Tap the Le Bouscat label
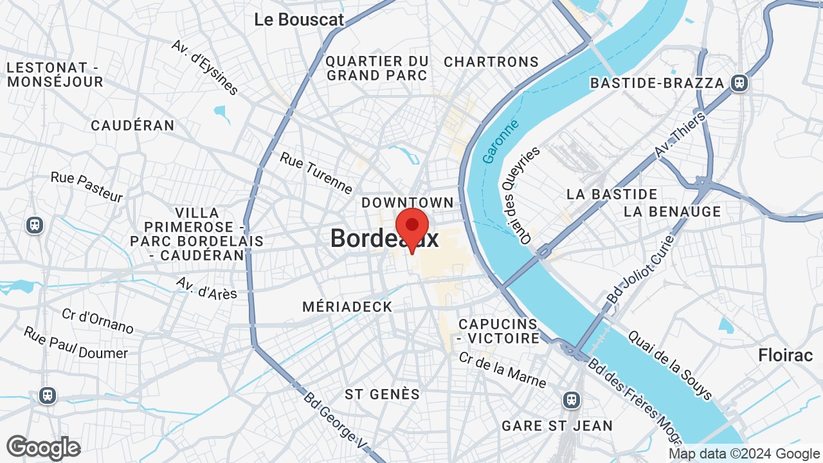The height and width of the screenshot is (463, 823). [x=299, y=19]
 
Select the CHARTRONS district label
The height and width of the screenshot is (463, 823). [x=491, y=62]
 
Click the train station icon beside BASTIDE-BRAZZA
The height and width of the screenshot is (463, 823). [x=739, y=83]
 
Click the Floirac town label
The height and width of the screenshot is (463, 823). [x=785, y=355]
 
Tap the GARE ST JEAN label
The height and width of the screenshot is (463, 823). [x=557, y=425]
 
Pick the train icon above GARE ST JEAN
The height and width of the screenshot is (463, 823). [x=571, y=400]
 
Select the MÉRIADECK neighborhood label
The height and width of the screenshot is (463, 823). [x=347, y=307]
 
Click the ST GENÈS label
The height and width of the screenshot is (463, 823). [x=382, y=394]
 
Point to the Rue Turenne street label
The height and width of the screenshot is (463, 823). [x=316, y=172]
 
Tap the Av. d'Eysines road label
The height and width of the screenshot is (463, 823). [x=205, y=67]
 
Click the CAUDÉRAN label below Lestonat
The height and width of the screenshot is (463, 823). [x=132, y=125]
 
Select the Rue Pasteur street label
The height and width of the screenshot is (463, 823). [x=86, y=186]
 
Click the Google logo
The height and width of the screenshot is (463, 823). [x=43, y=448]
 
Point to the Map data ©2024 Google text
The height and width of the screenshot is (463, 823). [x=744, y=454]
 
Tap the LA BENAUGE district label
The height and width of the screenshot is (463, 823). [x=672, y=211]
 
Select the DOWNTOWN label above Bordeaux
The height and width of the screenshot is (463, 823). [x=408, y=203]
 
